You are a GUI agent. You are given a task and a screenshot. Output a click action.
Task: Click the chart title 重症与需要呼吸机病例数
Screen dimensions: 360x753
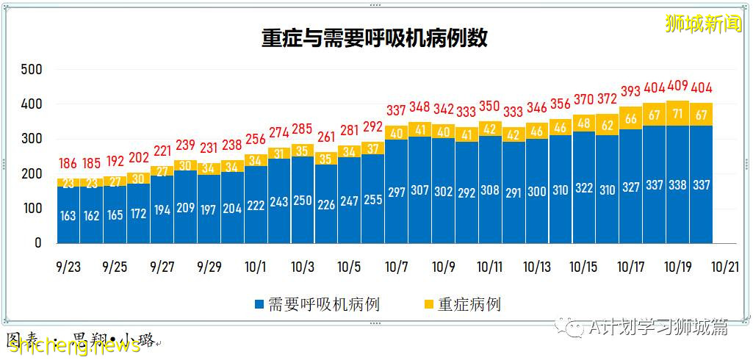[x=375, y=38]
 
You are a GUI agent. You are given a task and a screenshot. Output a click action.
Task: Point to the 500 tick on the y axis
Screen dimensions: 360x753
[x=32, y=70]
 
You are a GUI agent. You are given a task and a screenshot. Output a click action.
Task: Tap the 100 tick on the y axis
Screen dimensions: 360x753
[x=32, y=209]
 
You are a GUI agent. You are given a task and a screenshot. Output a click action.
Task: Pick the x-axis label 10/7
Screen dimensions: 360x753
[x=396, y=267]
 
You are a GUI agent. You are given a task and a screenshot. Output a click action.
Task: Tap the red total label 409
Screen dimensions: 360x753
[x=677, y=86]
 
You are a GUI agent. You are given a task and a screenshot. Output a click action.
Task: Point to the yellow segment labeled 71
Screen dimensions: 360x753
[x=677, y=113]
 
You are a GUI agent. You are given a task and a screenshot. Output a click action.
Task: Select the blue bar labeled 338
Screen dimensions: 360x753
[x=677, y=185]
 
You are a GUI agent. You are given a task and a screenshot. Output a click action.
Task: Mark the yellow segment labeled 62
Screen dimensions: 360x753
[x=608, y=125]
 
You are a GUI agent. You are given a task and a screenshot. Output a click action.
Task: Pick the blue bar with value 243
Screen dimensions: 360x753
[x=279, y=201]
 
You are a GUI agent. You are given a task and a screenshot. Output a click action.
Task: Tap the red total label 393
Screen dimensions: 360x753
[x=630, y=92]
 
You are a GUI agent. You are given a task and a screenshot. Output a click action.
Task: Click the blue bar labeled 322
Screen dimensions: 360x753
[x=584, y=188]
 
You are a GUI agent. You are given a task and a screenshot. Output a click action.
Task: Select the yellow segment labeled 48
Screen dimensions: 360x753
[x=584, y=123]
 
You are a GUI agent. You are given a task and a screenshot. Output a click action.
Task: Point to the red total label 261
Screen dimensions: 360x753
[x=325, y=137]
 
